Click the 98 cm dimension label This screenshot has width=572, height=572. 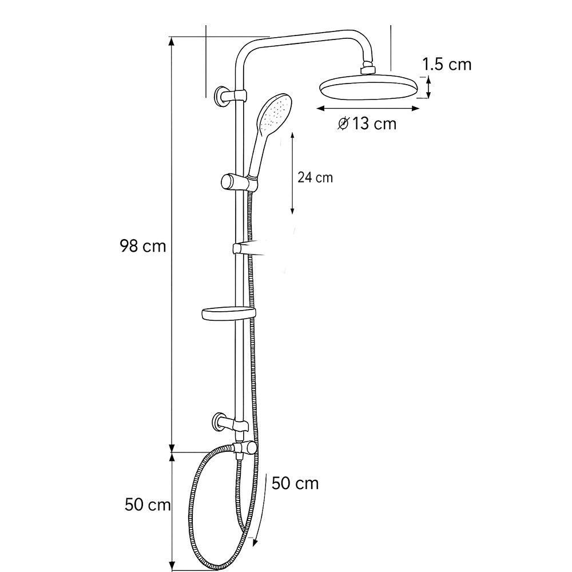[x=143, y=246]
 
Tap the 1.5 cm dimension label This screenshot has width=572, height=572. [x=447, y=65]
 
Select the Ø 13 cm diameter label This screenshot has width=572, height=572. [x=367, y=124]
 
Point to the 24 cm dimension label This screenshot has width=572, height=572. [x=315, y=178]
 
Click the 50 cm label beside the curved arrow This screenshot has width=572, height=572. [x=295, y=484]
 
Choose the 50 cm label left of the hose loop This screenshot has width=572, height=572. [x=148, y=505]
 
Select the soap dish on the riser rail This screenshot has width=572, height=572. [x=229, y=315]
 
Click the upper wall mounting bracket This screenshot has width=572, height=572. [x=230, y=96]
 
